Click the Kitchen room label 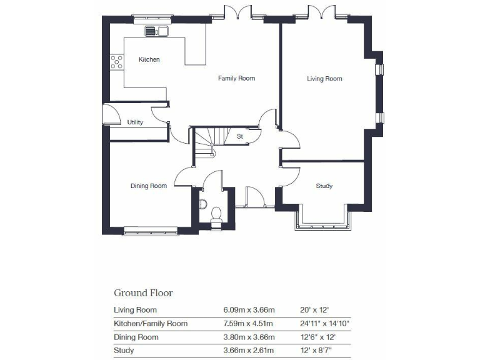pyautogui.click(x=149, y=60)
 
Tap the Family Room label pyautogui.click(x=236, y=79)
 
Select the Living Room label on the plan pyautogui.click(x=324, y=79)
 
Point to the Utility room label pyautogui.click(x=135, y=122)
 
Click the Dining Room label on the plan pyautogui.click(x=148, y=186)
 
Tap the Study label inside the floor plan pyautogui.click(x=324, y=186)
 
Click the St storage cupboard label pyautogui.click(x=239, y=136)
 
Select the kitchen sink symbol pyautogui.click(x=157, y=31)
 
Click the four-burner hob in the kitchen pyautogui.click(x=117, y=61)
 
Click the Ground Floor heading pyautogui.click(x=143, y=292)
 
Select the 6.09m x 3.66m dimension pyautogui.click(x=249, y=310)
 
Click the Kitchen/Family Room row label pyautogui.click(x=151, y=324)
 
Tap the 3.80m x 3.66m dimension pyautogui.click(x=249, y=337)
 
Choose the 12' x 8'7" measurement pyautogui.click(x=316, y=351)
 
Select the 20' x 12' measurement pyautogui.click(x=315, y=310)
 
